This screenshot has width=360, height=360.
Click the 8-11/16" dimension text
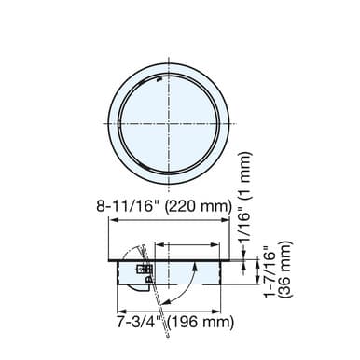coord(133,208)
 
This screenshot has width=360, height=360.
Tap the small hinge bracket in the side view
coord(143,270)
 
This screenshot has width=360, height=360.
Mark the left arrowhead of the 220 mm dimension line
coord(114,222)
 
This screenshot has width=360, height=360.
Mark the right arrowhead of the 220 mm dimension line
coord(229,222)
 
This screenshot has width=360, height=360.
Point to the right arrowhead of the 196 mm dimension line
coord(224,309)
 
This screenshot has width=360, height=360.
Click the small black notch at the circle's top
coord(160,81)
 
